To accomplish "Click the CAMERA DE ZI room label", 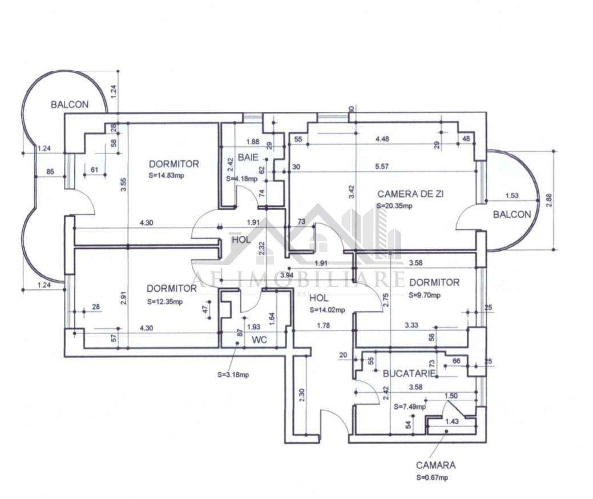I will (x=410, y=194).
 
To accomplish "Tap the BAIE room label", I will (x=248, y=157).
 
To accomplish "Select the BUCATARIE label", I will (x=409, y=373).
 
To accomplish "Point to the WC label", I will (x=260, y=340).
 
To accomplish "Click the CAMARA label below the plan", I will (x=435, y=465).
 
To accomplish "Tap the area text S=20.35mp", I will (x=395, y=206).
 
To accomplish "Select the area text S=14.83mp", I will (x=166, y=175).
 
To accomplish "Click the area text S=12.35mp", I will (x=164, y=301).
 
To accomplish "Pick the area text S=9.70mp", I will (x=425, y=296).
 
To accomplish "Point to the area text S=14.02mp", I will (x=327, y=310).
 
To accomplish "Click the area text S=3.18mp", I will (x=233, y=375).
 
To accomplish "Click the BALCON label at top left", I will (x=70, y=104).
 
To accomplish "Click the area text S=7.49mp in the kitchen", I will (x=410, y=407).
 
